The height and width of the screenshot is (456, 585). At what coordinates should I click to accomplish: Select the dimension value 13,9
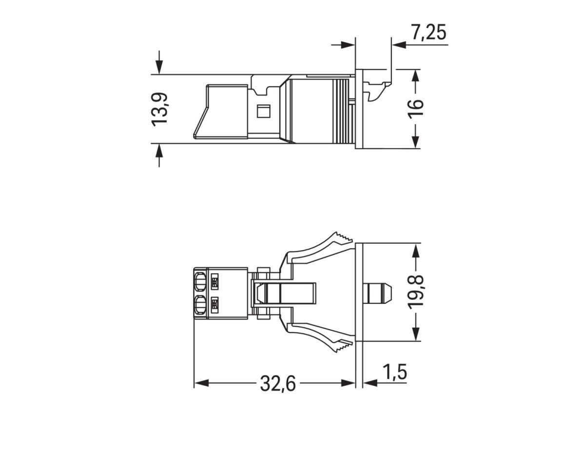159,109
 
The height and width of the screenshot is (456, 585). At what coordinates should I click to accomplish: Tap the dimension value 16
415,108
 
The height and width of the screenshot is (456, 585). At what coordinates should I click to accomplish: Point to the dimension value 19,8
415,292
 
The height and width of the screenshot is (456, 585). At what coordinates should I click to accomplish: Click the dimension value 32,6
278,384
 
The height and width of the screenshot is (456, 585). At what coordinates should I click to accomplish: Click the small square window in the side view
263,111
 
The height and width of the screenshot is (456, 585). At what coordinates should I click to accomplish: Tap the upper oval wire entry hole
199,281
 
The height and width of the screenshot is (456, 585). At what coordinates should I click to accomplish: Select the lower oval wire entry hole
199,306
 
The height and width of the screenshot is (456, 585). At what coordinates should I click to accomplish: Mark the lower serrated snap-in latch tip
341,347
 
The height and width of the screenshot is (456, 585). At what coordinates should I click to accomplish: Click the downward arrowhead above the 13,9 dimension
159,68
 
